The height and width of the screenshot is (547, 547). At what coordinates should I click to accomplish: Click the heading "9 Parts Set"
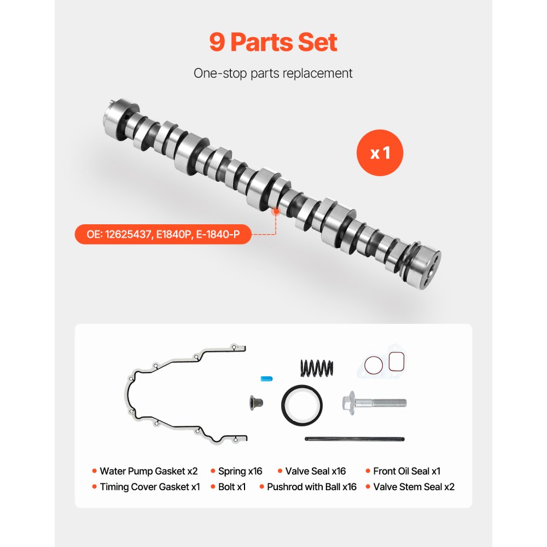point(273,42)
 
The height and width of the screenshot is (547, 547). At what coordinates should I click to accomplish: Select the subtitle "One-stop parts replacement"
point(273,73)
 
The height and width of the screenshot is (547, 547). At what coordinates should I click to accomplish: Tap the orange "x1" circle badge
point(380,153)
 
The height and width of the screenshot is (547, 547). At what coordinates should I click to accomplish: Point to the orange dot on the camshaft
point(276,210)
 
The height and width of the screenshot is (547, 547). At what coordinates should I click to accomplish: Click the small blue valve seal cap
point(266,379)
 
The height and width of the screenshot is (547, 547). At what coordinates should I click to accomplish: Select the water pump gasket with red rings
point(383,363)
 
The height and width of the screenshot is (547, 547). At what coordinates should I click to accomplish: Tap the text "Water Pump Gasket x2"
point(148,471)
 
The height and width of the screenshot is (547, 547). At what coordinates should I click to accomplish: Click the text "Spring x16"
point(240,471)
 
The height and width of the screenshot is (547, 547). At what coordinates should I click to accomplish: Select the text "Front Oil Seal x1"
point(406,471)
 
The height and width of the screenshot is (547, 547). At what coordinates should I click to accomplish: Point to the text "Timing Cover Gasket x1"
point(150,487)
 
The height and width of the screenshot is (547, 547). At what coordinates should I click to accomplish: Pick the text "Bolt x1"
point(232,487)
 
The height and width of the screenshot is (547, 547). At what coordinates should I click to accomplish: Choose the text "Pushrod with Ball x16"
point(311,487)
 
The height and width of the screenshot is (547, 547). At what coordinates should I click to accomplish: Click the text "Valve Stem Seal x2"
point(414,487)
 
